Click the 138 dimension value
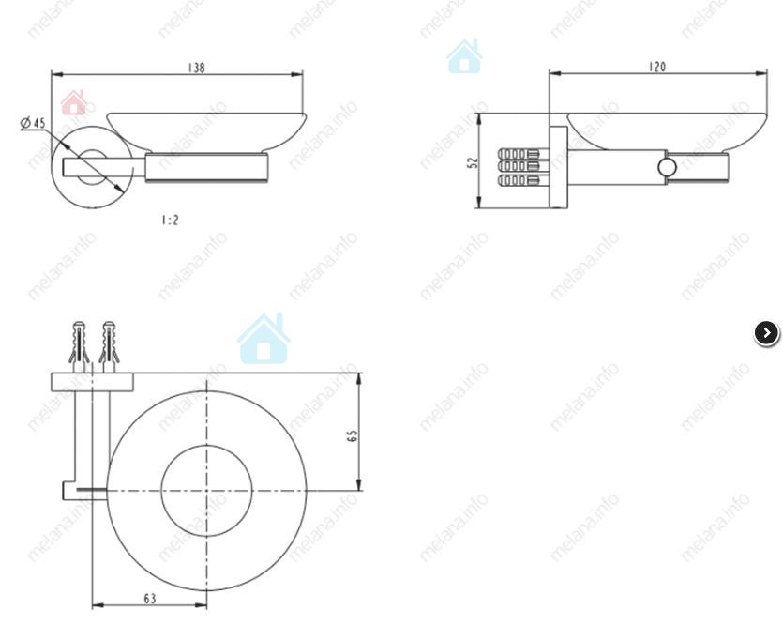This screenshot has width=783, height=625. pyautogui.click(x=196, y=68)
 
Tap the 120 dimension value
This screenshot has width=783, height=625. pyautogui.click(x=657, y=67)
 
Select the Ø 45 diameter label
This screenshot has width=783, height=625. pyautogui.click(x=33, y=122)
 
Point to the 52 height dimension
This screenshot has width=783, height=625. pyautogui.click(x=473, y=162)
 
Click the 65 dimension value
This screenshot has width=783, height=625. pyautogui.click(x=352, y=435)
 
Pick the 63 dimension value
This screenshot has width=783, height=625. pyautogui.click(x=150, y=598)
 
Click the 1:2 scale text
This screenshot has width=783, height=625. pyautogui.click(x=170, y=220)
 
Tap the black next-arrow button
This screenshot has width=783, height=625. pyautogui.click(x=766, y=333)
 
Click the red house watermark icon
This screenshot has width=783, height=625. pyautogui.click(x=73, y=103)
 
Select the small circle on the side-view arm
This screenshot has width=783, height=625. pyautogui.click(x=667, y=167)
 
